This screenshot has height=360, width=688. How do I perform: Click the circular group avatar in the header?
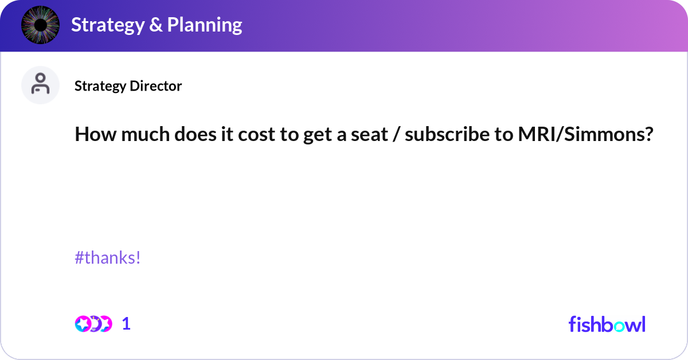pos(41,25)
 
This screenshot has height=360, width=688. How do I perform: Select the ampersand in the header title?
pos(156,25)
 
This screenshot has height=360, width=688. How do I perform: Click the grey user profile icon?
pos(41,85)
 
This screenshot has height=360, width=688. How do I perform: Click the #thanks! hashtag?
pos(108,258)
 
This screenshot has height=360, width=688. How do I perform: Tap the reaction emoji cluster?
pos(93,324)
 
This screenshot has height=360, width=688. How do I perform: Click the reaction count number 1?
pos(127,324)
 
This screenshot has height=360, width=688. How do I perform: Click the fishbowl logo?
pos(607,324)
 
